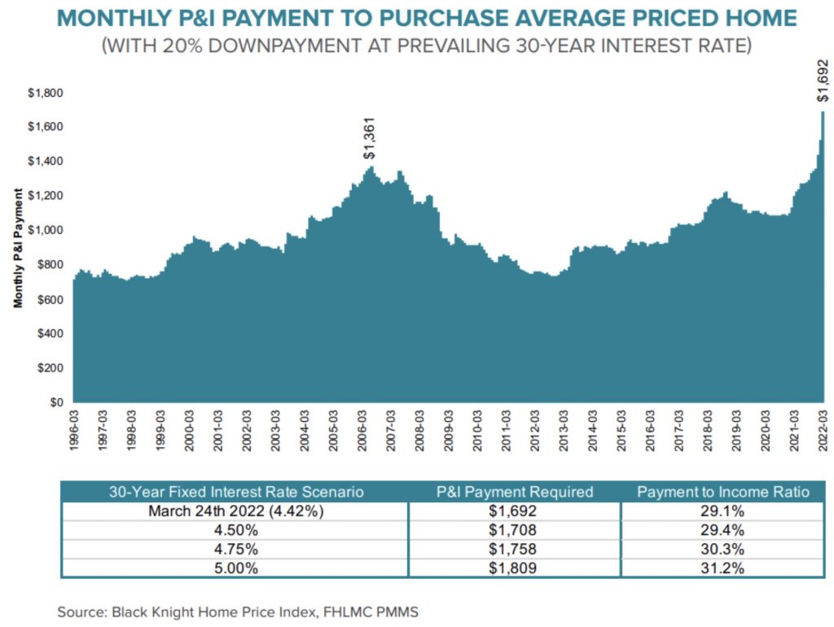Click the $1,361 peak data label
tap(370, 137)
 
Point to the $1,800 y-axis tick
tap(46, 93)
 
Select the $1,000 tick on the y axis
tap(46, 230)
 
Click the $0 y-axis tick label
tap(57, 402)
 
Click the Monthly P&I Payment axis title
tap(17, 247)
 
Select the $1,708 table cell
tap(514, 530)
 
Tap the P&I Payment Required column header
tap(514, 492)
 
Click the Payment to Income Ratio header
tap(724, 492)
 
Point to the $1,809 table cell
tap(514, 568)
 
